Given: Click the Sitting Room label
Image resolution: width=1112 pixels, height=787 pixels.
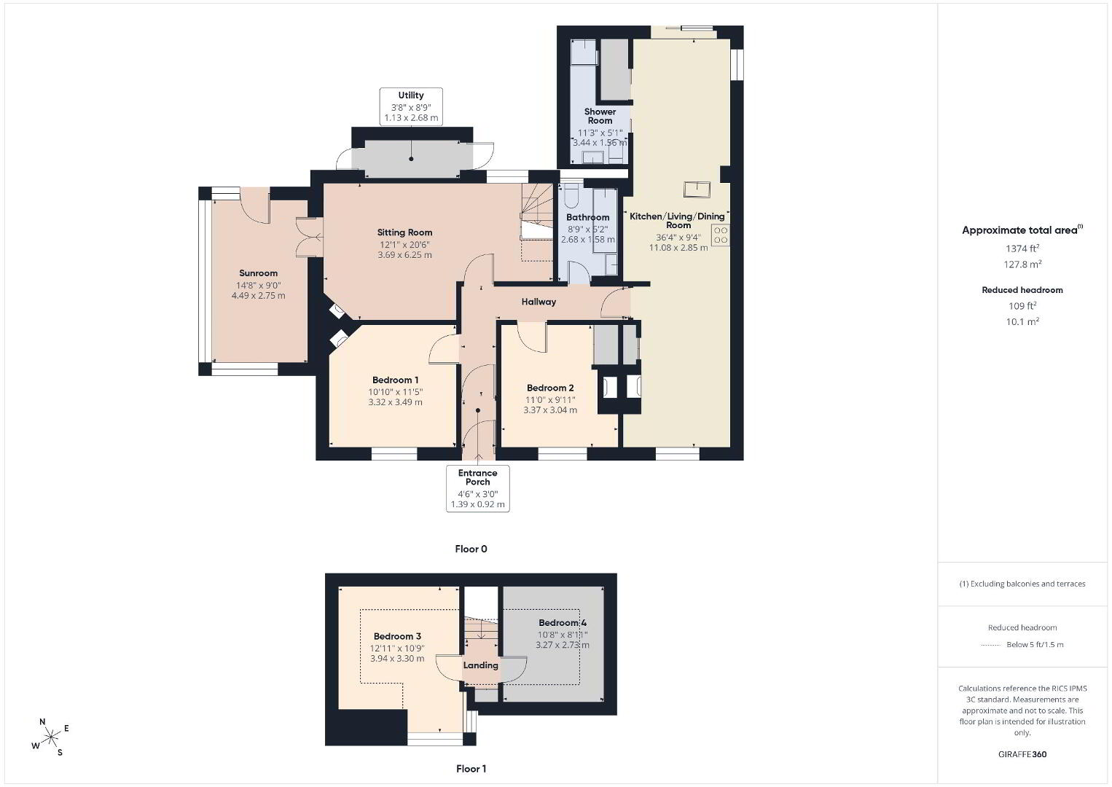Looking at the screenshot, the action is (404, 232).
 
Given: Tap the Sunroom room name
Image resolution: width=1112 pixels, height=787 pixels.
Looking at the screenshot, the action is (258, 273).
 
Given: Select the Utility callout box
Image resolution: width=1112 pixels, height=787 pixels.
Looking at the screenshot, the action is (411, 106).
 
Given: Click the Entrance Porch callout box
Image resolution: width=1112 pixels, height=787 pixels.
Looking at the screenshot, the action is (477, 488).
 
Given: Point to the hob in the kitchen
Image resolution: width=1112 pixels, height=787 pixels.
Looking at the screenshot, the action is (720, 235).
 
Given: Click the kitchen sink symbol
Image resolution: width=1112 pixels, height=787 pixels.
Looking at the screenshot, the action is (697, 189).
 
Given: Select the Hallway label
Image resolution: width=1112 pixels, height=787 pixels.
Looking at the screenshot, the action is (539, 302).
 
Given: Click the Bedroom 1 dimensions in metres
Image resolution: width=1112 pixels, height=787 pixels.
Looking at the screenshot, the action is (395, 402).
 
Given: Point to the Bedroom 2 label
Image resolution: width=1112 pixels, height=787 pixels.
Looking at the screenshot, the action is (550, 388).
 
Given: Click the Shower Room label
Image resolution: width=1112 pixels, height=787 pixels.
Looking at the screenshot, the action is (600, 116).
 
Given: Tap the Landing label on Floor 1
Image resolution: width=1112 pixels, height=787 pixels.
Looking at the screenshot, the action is (480, 665).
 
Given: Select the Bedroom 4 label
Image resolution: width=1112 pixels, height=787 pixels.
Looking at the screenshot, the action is (563, 622).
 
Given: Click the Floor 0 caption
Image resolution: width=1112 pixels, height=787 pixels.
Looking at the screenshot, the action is (471, 549).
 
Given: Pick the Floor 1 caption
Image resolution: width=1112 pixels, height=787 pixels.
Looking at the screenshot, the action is (471, 769).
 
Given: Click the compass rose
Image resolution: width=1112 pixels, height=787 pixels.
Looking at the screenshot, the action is (50, 737).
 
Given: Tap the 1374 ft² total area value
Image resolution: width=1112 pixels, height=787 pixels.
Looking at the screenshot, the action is (1022, 248).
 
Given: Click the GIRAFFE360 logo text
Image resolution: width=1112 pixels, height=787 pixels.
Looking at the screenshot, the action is (1022, 754).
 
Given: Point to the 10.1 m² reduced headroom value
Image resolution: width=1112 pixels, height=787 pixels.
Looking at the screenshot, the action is (1022, 321).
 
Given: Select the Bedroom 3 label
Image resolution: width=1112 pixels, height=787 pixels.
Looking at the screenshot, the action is (397, 637).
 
